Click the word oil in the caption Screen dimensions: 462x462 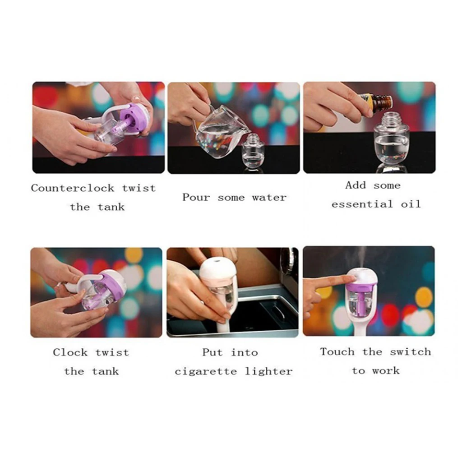(411, 204)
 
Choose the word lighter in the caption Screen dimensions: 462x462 (269, 372)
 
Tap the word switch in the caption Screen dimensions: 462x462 (410, 352)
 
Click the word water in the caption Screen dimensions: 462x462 (269, 198)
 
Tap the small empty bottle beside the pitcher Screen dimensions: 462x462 (253, 151)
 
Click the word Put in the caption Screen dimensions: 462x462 (212, 352)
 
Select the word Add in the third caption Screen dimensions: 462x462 (356, 185)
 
